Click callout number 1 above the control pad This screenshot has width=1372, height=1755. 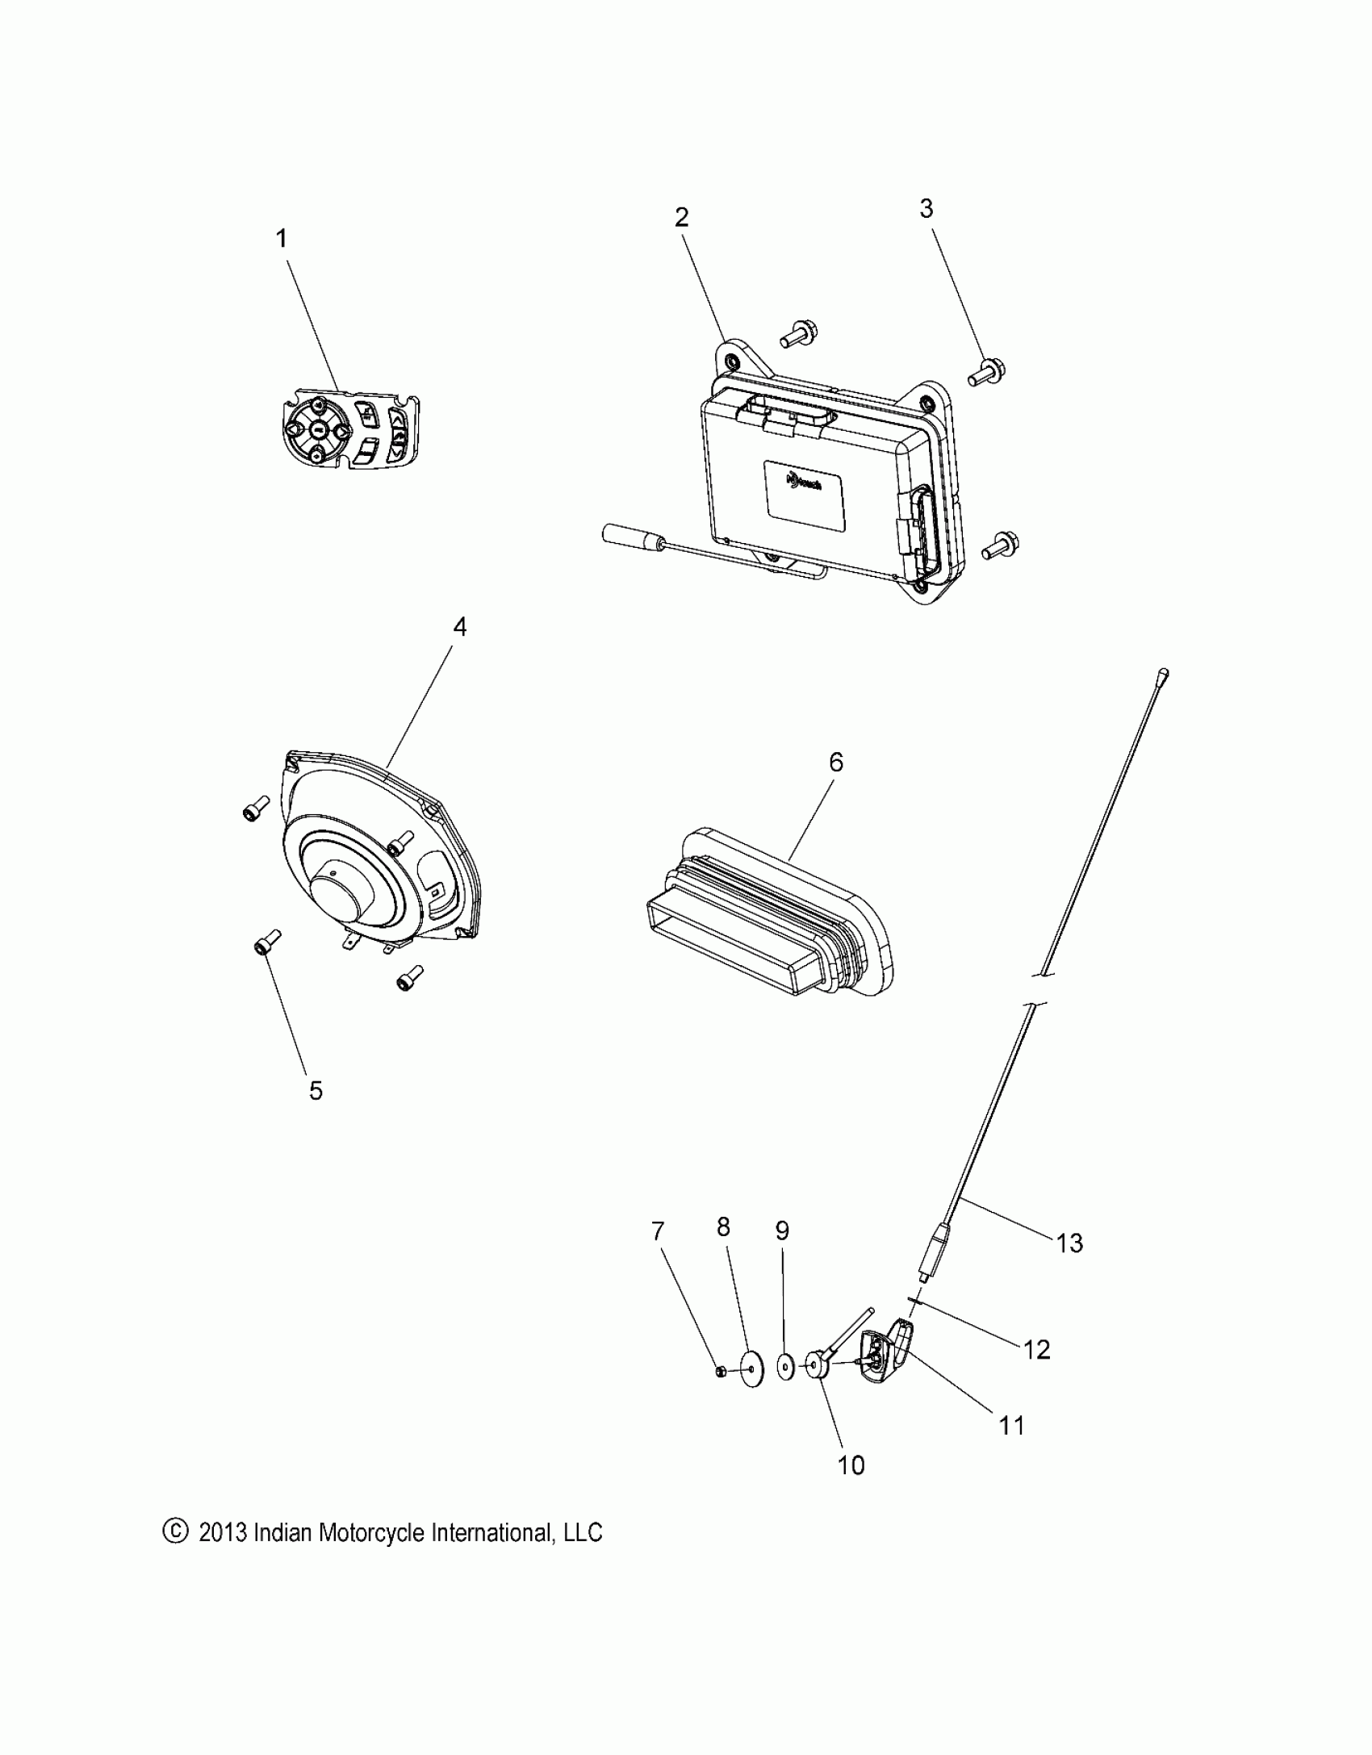coord(282,239)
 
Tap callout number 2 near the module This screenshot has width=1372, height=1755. coord(682,217)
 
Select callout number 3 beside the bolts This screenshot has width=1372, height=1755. coord(927,208)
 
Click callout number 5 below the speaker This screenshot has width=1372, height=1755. coord(316,1091)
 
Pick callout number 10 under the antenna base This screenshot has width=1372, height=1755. coord(851,1465)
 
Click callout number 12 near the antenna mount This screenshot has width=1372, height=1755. coord(1038,1349)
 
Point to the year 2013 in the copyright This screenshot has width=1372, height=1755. coord(222,1532)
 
